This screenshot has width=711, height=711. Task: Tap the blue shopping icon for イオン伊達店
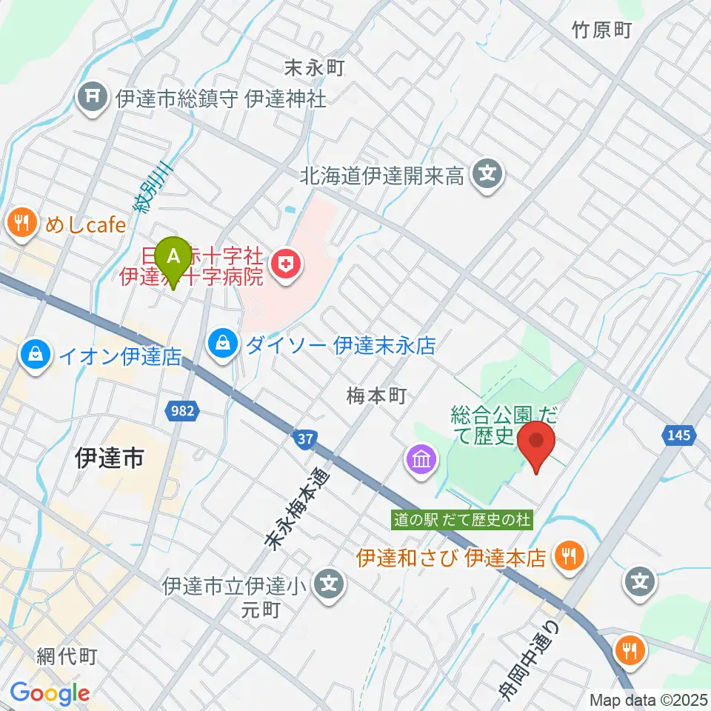click(x=36, y=355)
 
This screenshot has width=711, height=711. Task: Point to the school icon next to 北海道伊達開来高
click(x=487, y=176)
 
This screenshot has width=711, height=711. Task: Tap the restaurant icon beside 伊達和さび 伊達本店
click(x=570, y=555)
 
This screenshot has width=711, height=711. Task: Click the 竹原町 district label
click(x=601, y=30)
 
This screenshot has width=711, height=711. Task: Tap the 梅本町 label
click(x=377, y=396)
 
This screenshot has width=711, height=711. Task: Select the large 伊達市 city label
click(x=109, y=460)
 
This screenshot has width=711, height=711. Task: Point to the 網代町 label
click(x=67, y=656)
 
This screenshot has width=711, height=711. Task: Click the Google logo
click(x=50, y=693)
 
